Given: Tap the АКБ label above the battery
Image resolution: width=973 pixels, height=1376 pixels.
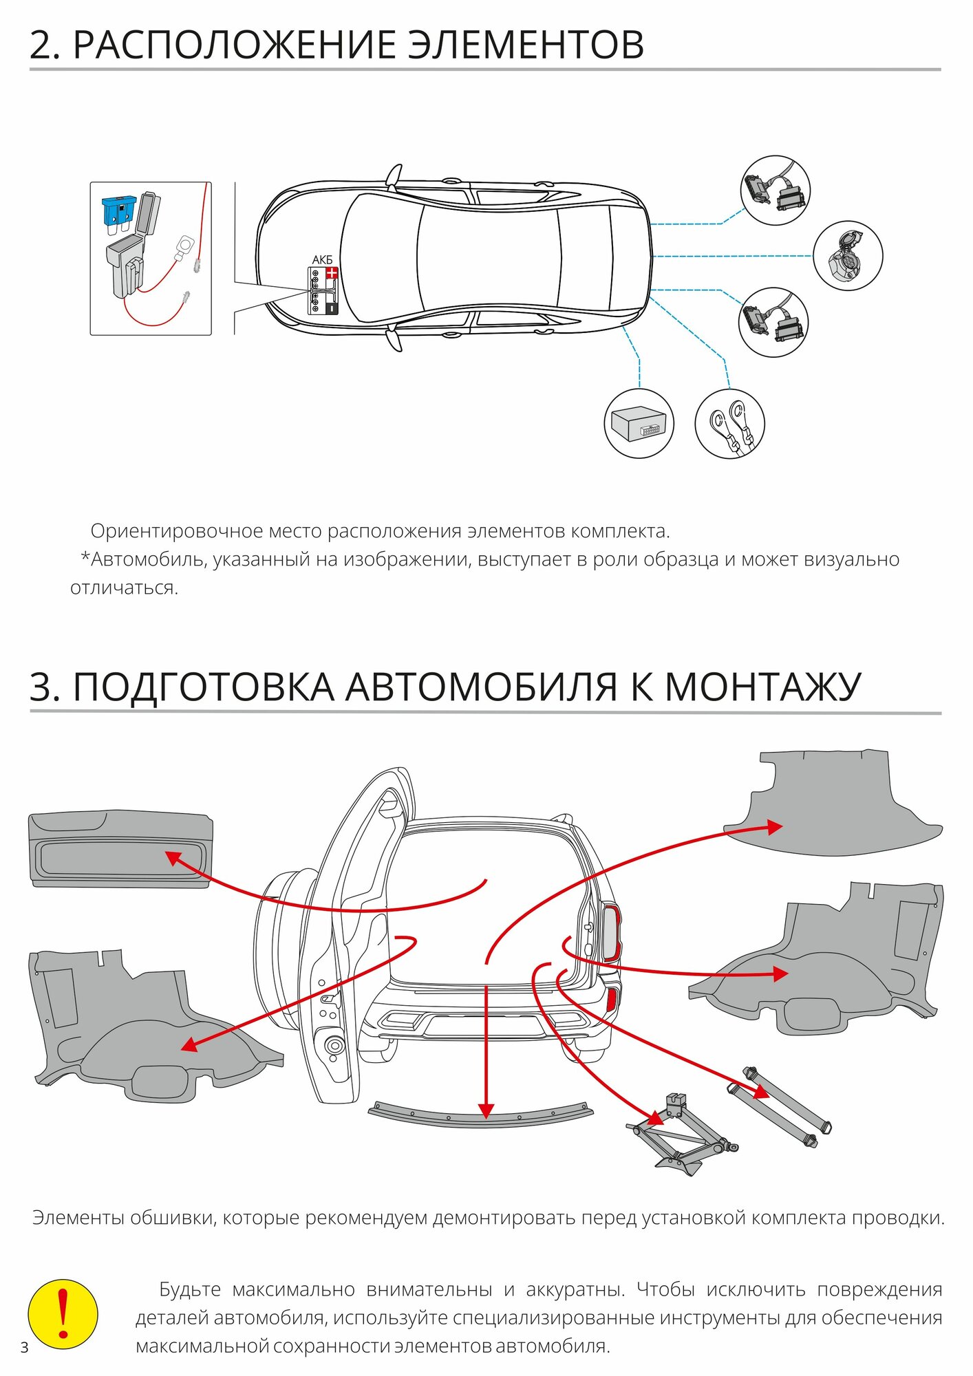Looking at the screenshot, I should tap(322, 259).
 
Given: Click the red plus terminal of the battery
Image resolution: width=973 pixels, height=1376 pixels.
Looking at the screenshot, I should tap(332, 274).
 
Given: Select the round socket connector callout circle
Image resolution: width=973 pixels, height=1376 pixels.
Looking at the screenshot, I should tap(847, 255).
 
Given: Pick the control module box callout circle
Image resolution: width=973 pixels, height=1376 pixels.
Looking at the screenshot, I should tap(639, 423).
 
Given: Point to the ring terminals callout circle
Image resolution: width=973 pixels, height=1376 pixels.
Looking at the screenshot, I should tap(729, 423).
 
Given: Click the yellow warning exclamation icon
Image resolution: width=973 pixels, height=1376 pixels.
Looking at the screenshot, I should tap(63, 1314).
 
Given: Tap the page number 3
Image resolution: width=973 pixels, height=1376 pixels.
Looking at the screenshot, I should tap(25, 1347).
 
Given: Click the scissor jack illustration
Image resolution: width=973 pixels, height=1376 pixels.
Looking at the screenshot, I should tap(681, 1131).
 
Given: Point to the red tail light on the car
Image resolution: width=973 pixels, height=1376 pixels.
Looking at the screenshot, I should tap(611, 932).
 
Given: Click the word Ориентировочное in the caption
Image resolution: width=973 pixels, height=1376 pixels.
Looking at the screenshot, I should tap(177, 531).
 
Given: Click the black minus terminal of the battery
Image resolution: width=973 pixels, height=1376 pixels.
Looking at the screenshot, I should tap(332, 308).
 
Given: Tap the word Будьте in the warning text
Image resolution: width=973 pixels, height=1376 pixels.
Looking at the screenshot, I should tap(190, 1289).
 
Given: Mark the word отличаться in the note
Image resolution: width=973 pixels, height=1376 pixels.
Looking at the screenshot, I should tap(124, 588).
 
